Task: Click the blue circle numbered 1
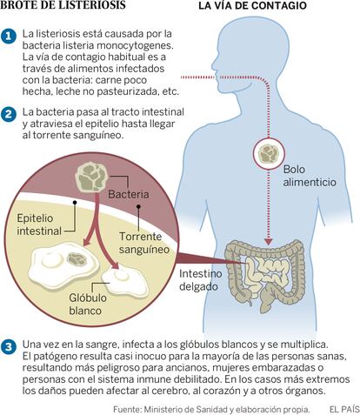pyautogui.click(x=9, y=36)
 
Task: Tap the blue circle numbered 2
pyautogui.click(x=9, y=114)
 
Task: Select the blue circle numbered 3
pyautogui.click(x=9, y=347)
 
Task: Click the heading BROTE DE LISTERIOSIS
pyautogui.click(x=63, y=5)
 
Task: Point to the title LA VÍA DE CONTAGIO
pyautogui.click(x=252, y=6)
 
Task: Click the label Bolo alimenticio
pyautogui.click(x=310, y=176)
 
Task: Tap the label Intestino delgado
pyautogui.click(x=201, y=280)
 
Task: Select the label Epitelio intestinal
pyautogui.click(x=39, y=224)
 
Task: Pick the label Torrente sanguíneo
pyautogui.click(x=144, y=243)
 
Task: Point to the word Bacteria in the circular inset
pyautogui.click(x=129, y=194)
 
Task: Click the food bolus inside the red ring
pyautogui.click(x=268, y=153)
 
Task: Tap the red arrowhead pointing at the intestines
pyautogui.click(x=269, y=241)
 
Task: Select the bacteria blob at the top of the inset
pyautogui.click(x=91, y=177)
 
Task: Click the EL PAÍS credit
pyautogui.click(x=344, y=409)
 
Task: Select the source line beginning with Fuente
pyautogui.click(x=211, y=410)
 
